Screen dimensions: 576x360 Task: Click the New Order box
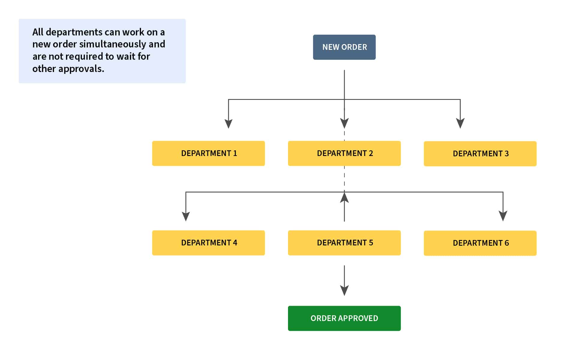(344, 47)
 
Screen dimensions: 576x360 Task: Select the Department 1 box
(208, 153)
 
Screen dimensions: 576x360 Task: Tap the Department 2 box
(344, 153)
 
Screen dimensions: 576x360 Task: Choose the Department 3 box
(480, 154)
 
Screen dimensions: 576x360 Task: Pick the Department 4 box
(208, 243)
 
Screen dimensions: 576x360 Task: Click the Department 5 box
(344, 243)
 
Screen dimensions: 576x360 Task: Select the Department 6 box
(480, 243)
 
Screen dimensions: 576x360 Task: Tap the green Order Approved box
(344, 318)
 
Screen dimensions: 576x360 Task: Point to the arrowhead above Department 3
(460, 123)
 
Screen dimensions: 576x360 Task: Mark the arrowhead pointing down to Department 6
(503, 216)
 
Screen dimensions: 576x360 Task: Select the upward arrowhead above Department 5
(344, 197)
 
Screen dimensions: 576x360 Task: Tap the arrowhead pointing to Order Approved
(344, 290)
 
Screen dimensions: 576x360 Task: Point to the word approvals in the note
(81, 69)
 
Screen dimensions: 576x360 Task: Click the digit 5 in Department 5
(371, 243)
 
